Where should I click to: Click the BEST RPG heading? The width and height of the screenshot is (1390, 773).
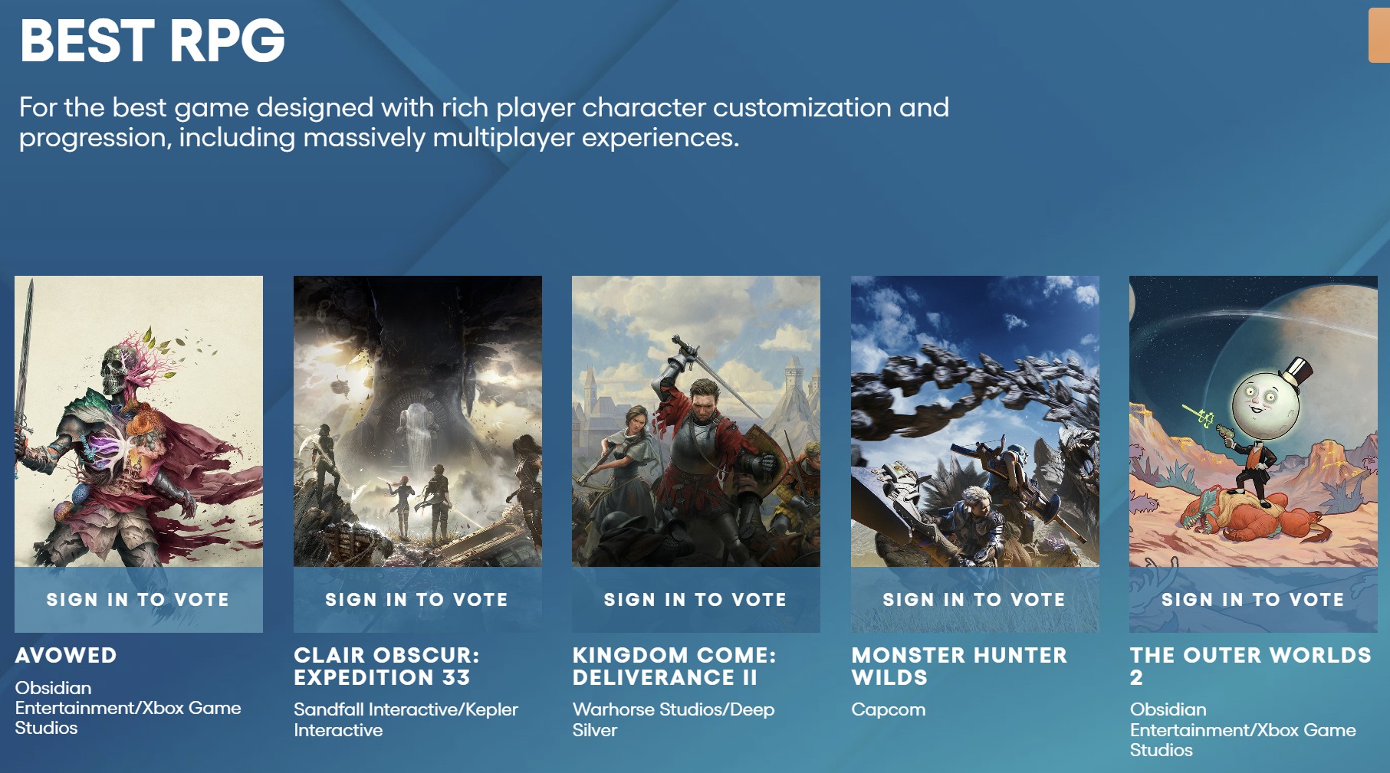(x=153, y=41)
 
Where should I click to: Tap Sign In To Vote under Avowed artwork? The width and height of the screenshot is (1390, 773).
(x=138, y=600)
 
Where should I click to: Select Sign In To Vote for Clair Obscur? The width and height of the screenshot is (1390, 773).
(x=417, y=600)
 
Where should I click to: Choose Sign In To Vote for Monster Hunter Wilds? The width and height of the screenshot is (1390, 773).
(x=974, y=600)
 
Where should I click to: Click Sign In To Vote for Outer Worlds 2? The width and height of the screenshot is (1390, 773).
(x=1253, y=600)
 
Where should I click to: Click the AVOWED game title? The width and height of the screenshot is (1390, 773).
(x=66, y=656)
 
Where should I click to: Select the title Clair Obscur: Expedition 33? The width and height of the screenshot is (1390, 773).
(x=386, y=667)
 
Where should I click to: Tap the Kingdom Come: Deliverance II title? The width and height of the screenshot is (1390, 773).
(x=675, y=667)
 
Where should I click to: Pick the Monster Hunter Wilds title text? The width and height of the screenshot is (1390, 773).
(x=959, y=667)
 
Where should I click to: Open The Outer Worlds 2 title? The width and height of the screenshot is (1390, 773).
(x=1250, y=667)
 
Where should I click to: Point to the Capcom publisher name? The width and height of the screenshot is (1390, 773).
(x=888, y=710)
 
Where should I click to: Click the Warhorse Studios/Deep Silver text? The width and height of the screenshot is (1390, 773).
(x=673, y=720)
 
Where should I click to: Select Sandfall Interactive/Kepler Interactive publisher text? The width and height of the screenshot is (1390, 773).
(x=406, y=720)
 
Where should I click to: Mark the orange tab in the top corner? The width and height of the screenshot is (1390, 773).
(x=1379, y=35)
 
